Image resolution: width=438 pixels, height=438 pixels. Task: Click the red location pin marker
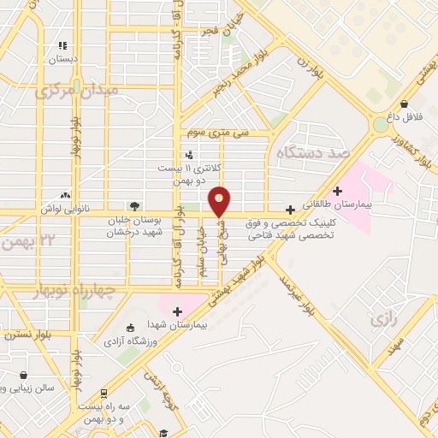[220, 201]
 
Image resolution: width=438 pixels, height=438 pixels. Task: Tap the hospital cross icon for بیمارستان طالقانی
[338, 190]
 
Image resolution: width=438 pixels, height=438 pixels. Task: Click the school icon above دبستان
[62, 45]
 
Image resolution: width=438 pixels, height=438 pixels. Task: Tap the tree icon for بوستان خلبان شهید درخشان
[133, 205]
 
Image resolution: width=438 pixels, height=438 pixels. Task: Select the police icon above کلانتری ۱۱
[188, 155]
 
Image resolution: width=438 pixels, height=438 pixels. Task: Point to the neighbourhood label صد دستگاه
[314, 151]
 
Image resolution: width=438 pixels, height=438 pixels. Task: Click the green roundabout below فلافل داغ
[380, 125]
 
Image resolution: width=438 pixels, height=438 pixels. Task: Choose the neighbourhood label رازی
[382, 320]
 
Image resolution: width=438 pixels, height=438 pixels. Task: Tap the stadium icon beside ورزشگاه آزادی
[130, 328]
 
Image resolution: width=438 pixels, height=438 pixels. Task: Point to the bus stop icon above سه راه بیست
[104, 394]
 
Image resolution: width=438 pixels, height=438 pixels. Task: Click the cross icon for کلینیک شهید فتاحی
[290, 209]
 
